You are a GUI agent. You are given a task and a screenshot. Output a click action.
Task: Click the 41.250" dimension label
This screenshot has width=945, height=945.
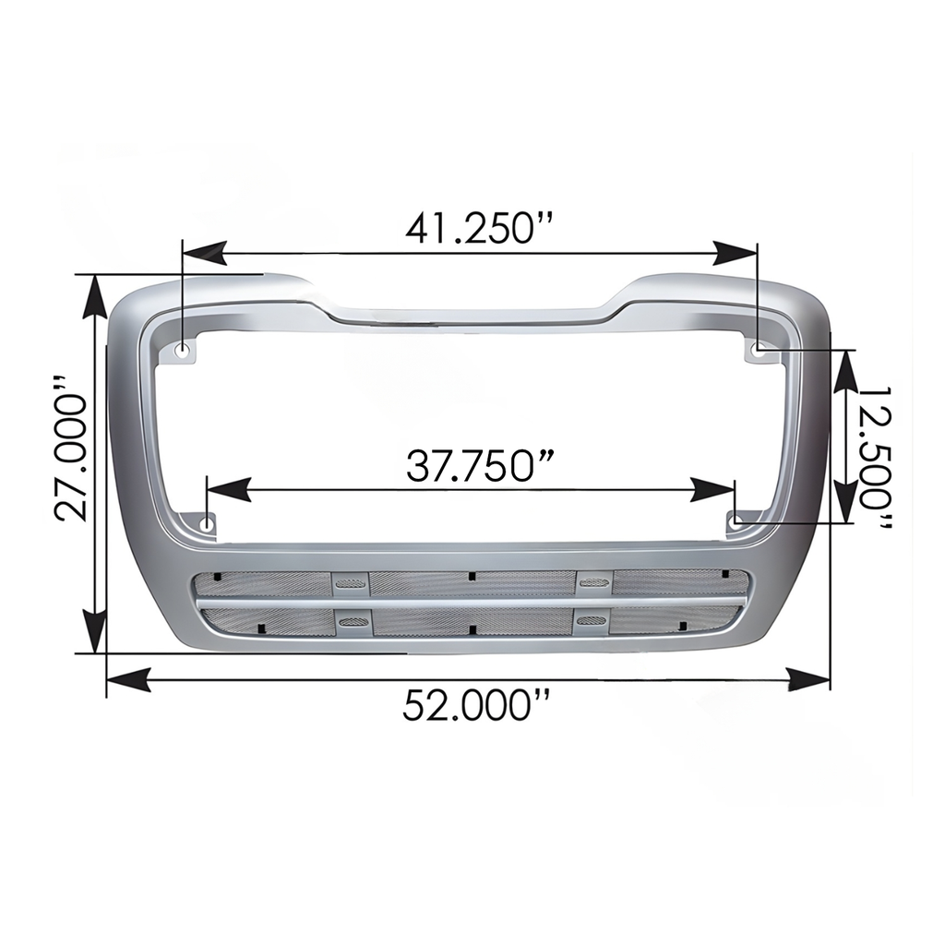click(x=479, y=229)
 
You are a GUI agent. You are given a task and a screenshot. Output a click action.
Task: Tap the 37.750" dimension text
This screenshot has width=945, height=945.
click(x=479, y=466)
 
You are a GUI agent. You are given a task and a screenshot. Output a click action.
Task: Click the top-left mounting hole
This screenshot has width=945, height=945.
click(x=182, y=350)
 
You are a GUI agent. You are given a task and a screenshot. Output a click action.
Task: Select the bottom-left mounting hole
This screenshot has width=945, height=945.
click(x=207, y=522)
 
